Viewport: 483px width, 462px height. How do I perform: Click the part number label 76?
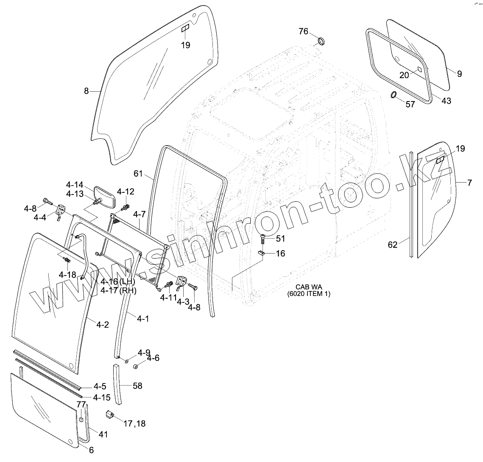point(303,31)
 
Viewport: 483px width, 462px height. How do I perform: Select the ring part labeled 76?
point(322,41)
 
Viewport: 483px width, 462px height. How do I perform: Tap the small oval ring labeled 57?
point(394,95)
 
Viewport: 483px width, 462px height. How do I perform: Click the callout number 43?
point(446,101)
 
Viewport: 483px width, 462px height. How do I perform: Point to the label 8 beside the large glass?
point(87,90)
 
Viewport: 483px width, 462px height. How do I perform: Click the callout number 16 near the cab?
point(280,254)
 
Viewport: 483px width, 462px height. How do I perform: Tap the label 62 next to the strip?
point(393,244)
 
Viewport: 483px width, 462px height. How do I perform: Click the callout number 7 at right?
point(469,183)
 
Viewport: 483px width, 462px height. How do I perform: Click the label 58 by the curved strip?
point(137,386)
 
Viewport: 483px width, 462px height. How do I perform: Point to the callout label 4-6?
point(153,358)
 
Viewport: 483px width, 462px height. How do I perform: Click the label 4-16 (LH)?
point(117,282)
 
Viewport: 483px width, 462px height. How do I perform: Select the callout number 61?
point(138,173)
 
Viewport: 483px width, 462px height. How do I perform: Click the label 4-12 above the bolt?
point(126,192)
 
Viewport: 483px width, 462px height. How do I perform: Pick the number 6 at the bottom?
point(91,451)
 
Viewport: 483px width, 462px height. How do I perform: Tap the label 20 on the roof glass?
point(405,75)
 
